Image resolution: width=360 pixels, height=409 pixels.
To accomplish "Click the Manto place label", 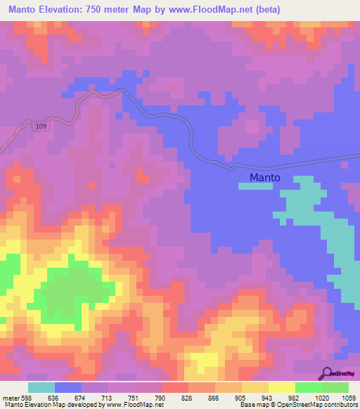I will (265, 178).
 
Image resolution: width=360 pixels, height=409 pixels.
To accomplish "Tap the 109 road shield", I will (41, 125).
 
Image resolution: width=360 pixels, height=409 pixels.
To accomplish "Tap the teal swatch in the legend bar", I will (41, 387).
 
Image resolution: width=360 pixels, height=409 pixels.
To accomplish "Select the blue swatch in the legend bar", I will (67, 387).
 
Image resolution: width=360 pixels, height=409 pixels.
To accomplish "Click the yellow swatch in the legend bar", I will (281, 387).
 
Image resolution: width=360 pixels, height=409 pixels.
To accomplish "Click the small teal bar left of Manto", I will (254, 186).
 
